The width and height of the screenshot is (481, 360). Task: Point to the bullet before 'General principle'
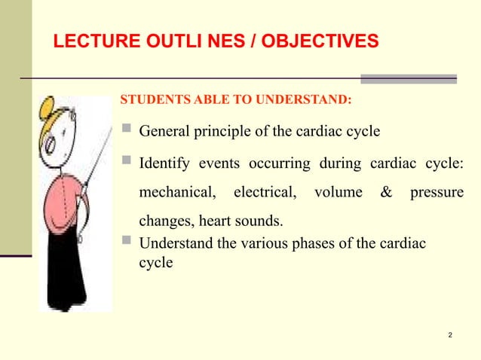tap(126, 132)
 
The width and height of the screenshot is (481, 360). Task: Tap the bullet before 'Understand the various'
tap(126, 243)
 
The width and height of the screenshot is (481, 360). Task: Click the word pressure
tap(437, 193)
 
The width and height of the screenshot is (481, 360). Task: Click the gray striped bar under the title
tap(409, 78)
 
